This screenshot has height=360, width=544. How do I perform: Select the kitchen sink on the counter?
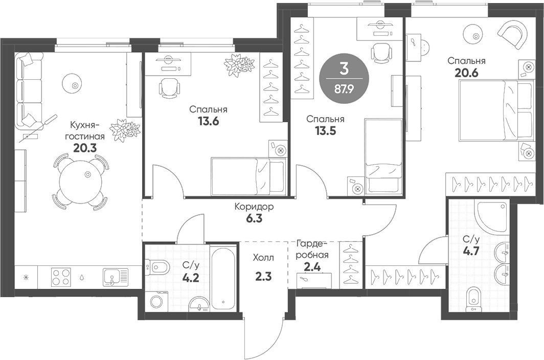click(x=114, y=277)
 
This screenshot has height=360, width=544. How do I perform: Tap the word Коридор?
click(x=254, y=207)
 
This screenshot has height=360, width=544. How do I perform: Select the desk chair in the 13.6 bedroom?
click(x=168, y=88)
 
